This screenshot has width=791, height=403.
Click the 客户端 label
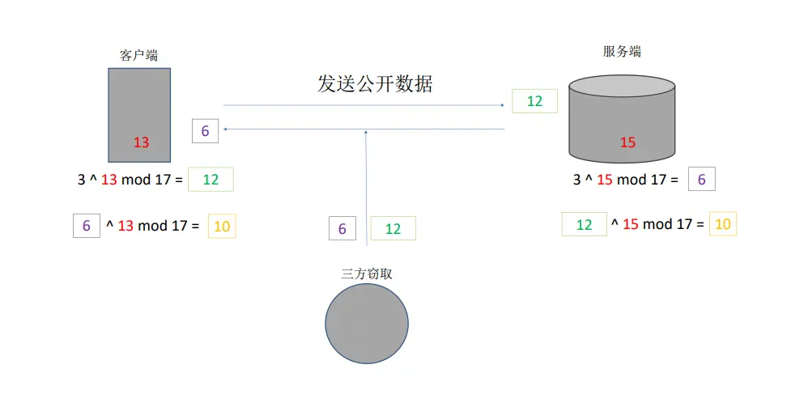(139, 56)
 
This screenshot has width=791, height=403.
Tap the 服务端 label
(622, 51)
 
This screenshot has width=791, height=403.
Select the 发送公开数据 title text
(375, 83)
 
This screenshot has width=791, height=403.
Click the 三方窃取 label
(367, 274)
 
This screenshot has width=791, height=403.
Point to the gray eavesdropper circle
(367, 324)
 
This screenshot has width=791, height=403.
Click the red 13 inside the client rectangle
(141, 142)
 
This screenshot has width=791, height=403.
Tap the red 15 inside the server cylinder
(627, 142)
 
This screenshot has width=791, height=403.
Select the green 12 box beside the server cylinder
(534, 101)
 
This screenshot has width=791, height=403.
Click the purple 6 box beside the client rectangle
(205, 130)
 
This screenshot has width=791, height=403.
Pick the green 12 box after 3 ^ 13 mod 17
(211, 180)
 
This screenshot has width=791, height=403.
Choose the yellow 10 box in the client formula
(221, 227)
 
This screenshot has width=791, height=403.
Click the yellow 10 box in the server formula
(722, 224)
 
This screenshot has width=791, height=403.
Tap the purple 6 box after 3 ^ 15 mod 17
(701, 180)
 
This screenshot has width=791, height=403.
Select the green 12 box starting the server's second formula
(584, 224)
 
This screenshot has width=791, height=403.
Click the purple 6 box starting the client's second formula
(86, 227)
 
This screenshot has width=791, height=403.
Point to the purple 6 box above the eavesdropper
(342, 229)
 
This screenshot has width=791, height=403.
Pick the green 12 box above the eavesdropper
(393, 229)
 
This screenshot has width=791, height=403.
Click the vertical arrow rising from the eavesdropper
(367, 186)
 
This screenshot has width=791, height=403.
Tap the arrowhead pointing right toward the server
(503, 105)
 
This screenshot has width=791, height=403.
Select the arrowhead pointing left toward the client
(226, 129)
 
